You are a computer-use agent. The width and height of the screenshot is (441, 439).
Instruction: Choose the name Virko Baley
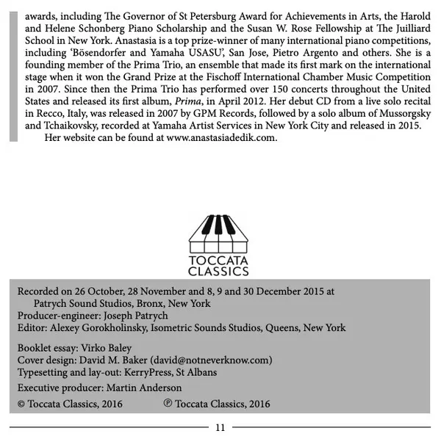click(x=107, y=349)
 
